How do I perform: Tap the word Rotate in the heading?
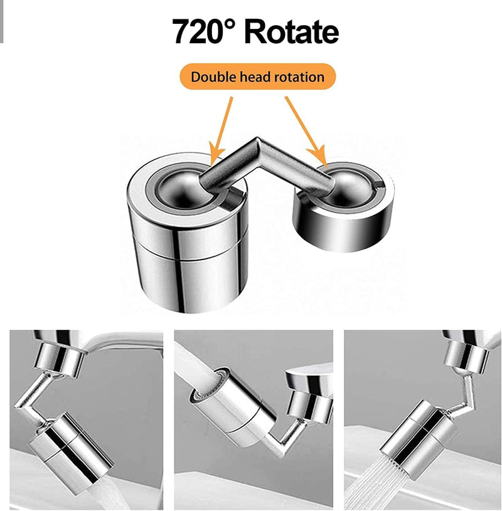click(x=291, y=31)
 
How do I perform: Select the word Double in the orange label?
click(x=213, y=77)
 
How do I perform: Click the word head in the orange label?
click(x=255, y=77)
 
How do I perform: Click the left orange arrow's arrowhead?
click(x=215, y=155)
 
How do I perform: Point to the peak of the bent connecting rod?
click(x=257, y=142)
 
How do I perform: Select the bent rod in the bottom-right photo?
click(x=463, y=394)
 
